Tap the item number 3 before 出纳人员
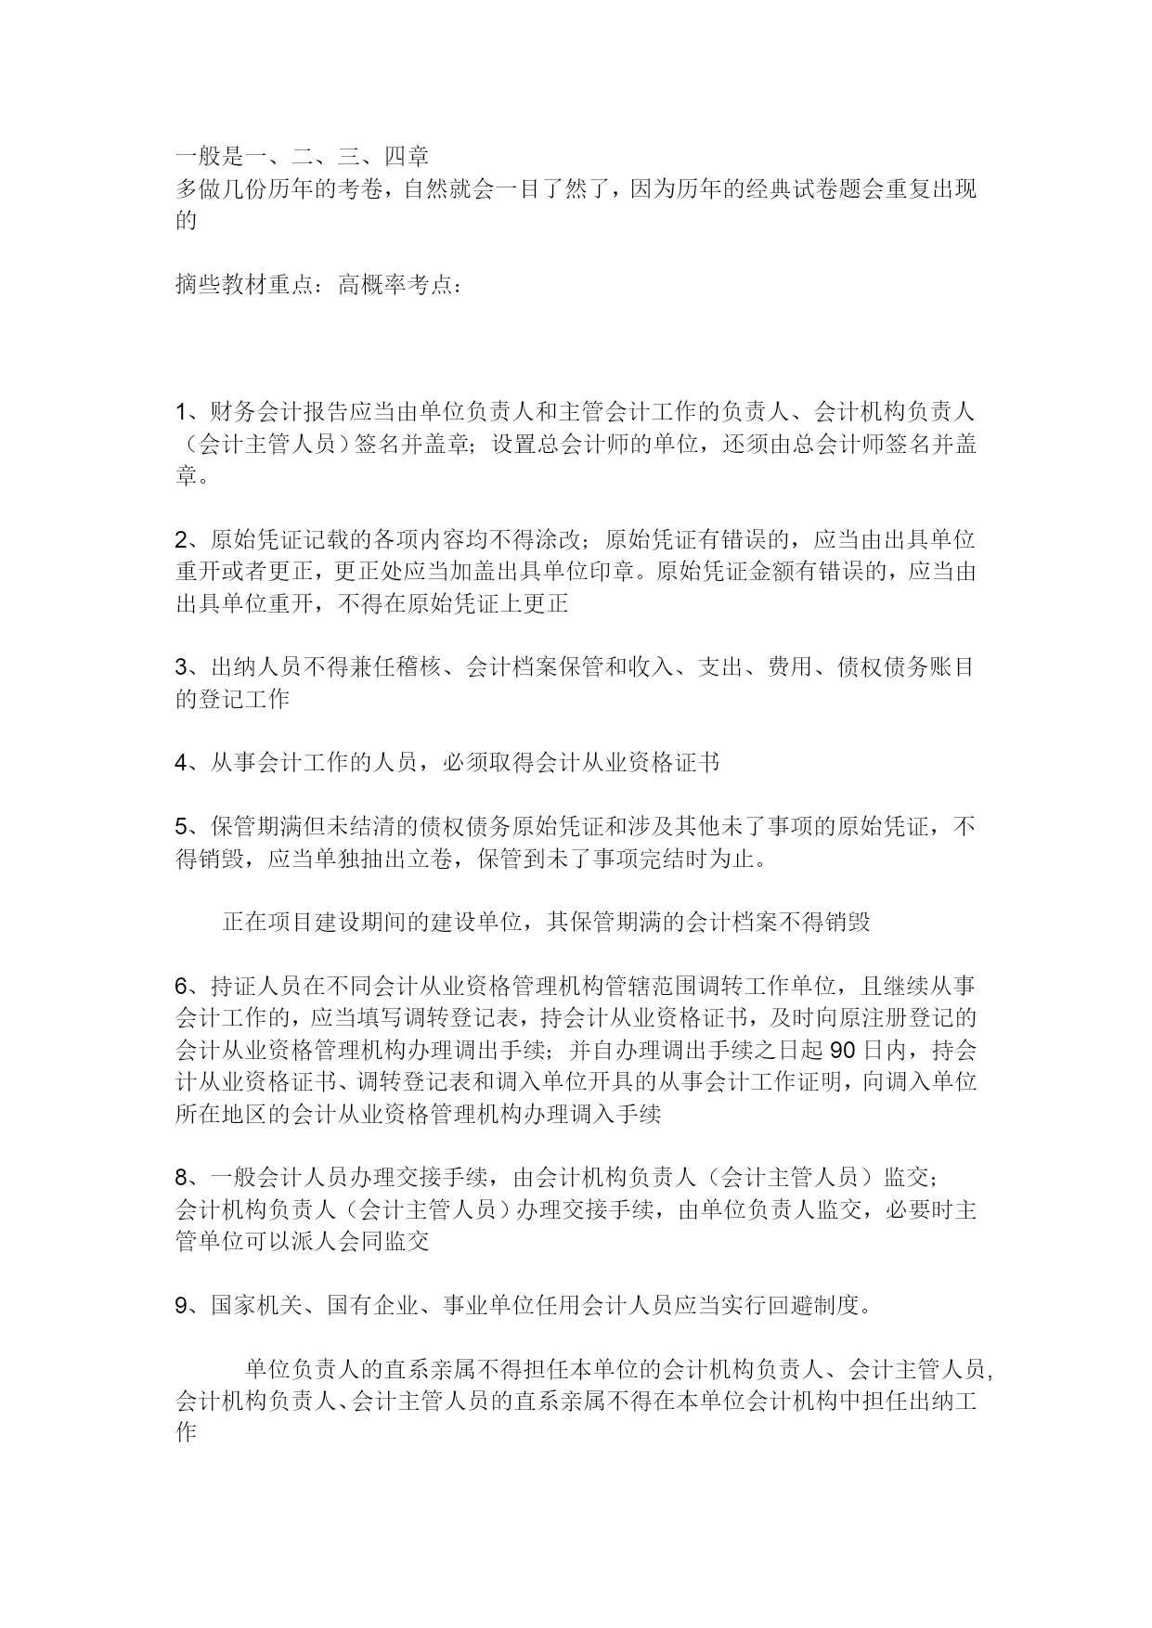pos(182,667)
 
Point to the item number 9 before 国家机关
pos(182,1305)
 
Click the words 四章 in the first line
pos(407,156)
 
